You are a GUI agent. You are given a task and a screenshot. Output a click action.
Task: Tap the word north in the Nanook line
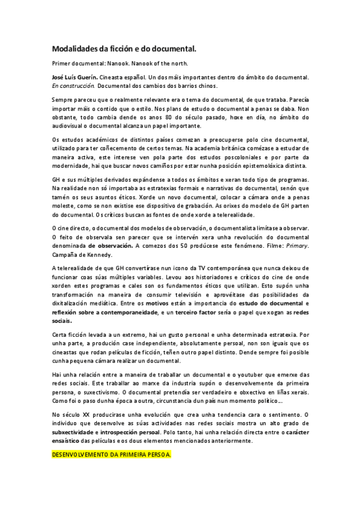pyautogui.click(x=179, y=63)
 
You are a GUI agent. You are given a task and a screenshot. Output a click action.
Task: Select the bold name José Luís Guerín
pyautogui.click(x=75, y=78)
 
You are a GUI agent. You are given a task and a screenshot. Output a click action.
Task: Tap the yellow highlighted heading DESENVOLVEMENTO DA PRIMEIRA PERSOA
pyautogui.click(x=112, y=455)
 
